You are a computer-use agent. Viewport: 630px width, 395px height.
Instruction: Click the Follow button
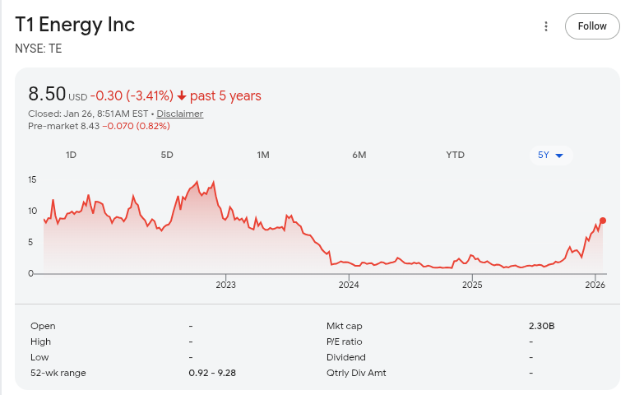tap(592, 26)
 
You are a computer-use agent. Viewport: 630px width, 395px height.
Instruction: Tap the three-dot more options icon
tap(545, 26)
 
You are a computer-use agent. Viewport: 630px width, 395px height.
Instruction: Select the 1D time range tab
tap(71, 155)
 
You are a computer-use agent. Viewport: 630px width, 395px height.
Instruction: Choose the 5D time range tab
tap(167, 155)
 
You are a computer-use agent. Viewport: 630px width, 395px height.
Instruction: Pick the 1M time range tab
tap(263, 155)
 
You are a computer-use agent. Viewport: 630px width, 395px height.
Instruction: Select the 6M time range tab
tap(359, 155)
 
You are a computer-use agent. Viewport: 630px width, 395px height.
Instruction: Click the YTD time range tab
tap(455, 155)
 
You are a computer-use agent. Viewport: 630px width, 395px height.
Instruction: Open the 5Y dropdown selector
tap(550, 155)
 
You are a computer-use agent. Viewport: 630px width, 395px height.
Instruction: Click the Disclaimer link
tap(180, 114)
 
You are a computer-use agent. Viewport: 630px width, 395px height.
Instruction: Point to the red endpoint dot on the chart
tap(603, 221)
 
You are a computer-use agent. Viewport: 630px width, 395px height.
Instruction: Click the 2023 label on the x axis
tap(225, 286)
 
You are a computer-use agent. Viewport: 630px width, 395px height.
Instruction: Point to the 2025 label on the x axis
tap(472, 286)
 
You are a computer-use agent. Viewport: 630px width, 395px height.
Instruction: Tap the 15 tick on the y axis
tap(32, 179)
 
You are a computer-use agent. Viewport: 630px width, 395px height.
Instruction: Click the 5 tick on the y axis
tap(32, 242)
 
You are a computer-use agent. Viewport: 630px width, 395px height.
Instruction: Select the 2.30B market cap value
tap(542, 326)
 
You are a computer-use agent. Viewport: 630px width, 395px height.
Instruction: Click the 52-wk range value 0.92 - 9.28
tap(212, 373)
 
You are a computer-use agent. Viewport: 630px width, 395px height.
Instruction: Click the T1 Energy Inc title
tap(75, 25)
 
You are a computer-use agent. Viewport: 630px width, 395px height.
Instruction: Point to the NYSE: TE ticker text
tap(39, 49)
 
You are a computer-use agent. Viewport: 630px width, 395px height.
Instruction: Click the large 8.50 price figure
tap(46, 94)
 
